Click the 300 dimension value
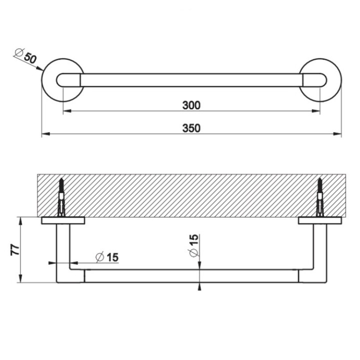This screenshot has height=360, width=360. (x=191, y=105)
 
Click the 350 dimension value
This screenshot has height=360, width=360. (x=191, y=128)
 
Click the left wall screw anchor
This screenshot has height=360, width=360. (x=61, y=197)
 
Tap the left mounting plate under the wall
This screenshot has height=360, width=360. (x=62, y=220)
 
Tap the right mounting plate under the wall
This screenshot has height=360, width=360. (x=319, y=220)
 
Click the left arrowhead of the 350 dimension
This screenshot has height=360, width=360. (x=45, y=134)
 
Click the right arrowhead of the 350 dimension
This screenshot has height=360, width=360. (x=337, y=134)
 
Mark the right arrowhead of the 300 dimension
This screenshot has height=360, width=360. (x=316, y=111)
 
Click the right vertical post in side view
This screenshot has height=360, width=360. (x=320, y=250)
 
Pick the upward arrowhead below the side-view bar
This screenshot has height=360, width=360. (x=199, y=285)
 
